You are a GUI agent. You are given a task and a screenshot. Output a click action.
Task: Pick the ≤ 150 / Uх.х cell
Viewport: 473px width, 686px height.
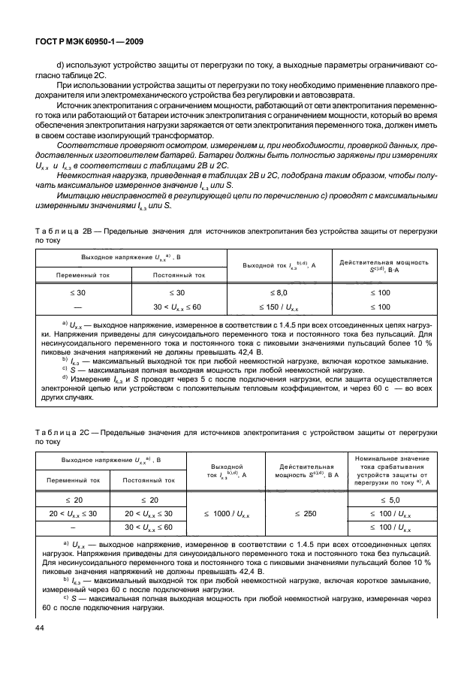click(282, 307)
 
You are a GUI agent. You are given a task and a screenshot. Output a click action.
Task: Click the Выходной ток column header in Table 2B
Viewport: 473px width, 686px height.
click(282, 265)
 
